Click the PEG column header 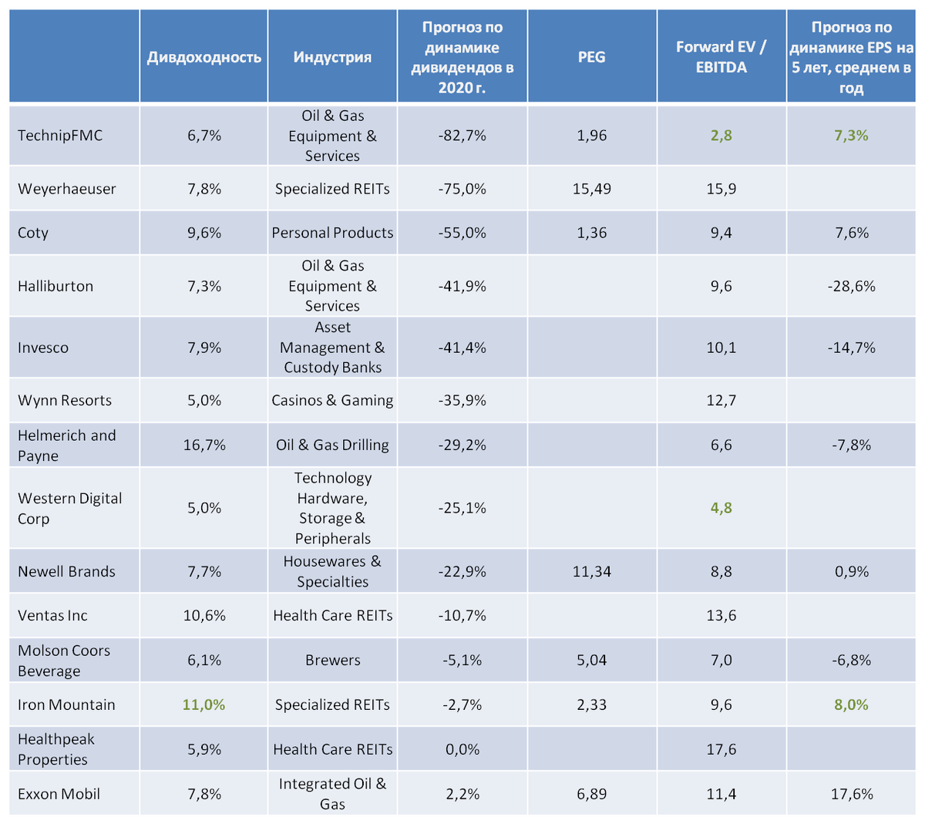(591, 57)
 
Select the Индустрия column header (332, 57)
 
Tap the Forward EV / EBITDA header (721, 57)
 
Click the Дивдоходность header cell (204, 57)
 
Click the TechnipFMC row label (60, 136)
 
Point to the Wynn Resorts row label (65, 400)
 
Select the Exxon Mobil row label (59, 794)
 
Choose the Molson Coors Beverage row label (64, 661)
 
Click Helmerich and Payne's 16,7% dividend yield (204, 445)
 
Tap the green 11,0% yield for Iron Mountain (204, 705)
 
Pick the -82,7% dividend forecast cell (462, 136)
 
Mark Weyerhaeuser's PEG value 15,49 (591, 189)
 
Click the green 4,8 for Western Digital (721, 508)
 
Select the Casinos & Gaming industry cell (332, 400)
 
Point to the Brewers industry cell (332, 661)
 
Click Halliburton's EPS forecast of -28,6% (851, 286)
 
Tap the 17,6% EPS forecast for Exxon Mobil (851, 794)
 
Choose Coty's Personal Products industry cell (332, 233)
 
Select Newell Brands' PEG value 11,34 (591, 571)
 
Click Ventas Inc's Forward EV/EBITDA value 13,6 (721, 615)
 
